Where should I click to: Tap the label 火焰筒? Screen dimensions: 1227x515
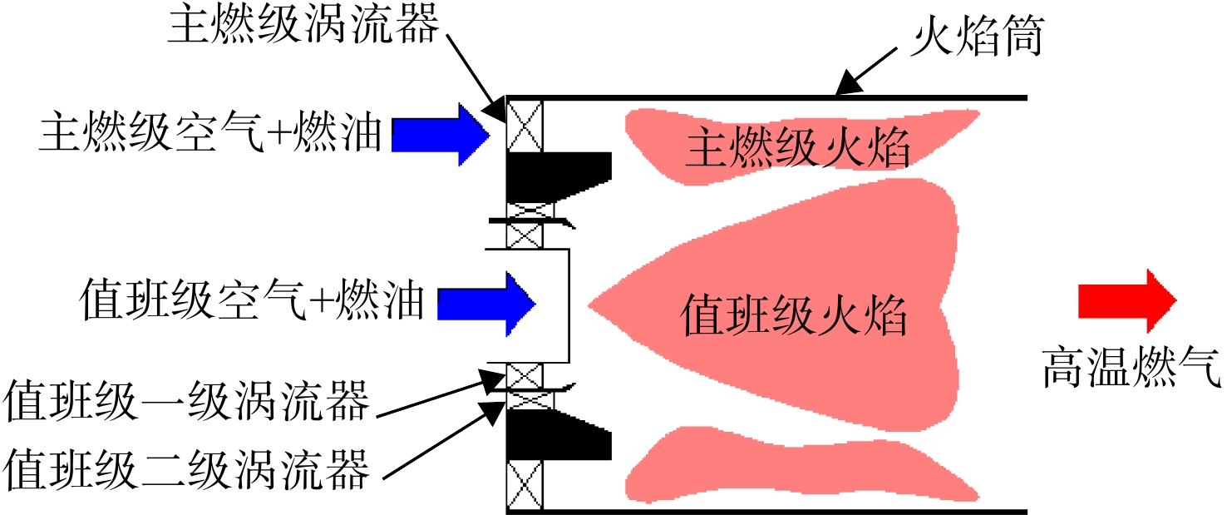point(978,37)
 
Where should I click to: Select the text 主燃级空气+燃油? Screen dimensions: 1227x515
point(210,131)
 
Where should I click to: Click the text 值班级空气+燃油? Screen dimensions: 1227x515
point(252,300)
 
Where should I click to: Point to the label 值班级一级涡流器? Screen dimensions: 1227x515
point(186,401)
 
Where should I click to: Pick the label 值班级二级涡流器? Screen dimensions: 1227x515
point(186,469)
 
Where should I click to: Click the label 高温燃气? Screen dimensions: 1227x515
point(1131,367)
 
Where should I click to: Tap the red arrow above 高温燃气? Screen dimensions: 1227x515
point(1127,300)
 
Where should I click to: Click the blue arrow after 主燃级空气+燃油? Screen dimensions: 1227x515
point(441,135)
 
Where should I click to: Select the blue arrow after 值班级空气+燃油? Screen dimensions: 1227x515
point(486,305)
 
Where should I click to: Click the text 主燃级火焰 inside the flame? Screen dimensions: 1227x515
point(797,148)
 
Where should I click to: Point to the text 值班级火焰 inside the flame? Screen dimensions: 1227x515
point(793,315)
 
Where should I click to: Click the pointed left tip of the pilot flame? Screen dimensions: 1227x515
point(589,305)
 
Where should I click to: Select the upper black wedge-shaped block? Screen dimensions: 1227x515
point(558,176)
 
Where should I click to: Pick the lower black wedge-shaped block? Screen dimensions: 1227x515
point(558,434)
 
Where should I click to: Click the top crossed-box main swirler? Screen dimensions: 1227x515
point(525,126)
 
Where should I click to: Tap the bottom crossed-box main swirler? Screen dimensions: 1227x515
point(525,485)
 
